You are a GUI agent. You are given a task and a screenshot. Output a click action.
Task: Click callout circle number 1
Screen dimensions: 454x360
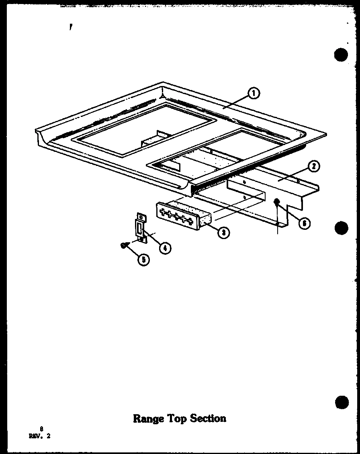pos(254,94)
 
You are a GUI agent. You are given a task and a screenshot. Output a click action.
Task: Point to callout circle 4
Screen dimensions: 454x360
pos(164,248)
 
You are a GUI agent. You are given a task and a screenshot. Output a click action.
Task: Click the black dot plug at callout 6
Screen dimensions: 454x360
pos(276,201)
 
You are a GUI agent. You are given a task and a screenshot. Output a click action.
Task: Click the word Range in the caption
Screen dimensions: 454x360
pos(148,419)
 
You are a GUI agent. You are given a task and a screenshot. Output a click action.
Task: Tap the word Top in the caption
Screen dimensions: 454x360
pos(177,419)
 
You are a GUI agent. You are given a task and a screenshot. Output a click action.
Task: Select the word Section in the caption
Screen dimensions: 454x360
pos(209,419)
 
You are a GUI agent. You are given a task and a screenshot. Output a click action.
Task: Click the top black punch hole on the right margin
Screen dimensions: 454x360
pos(341,55)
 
